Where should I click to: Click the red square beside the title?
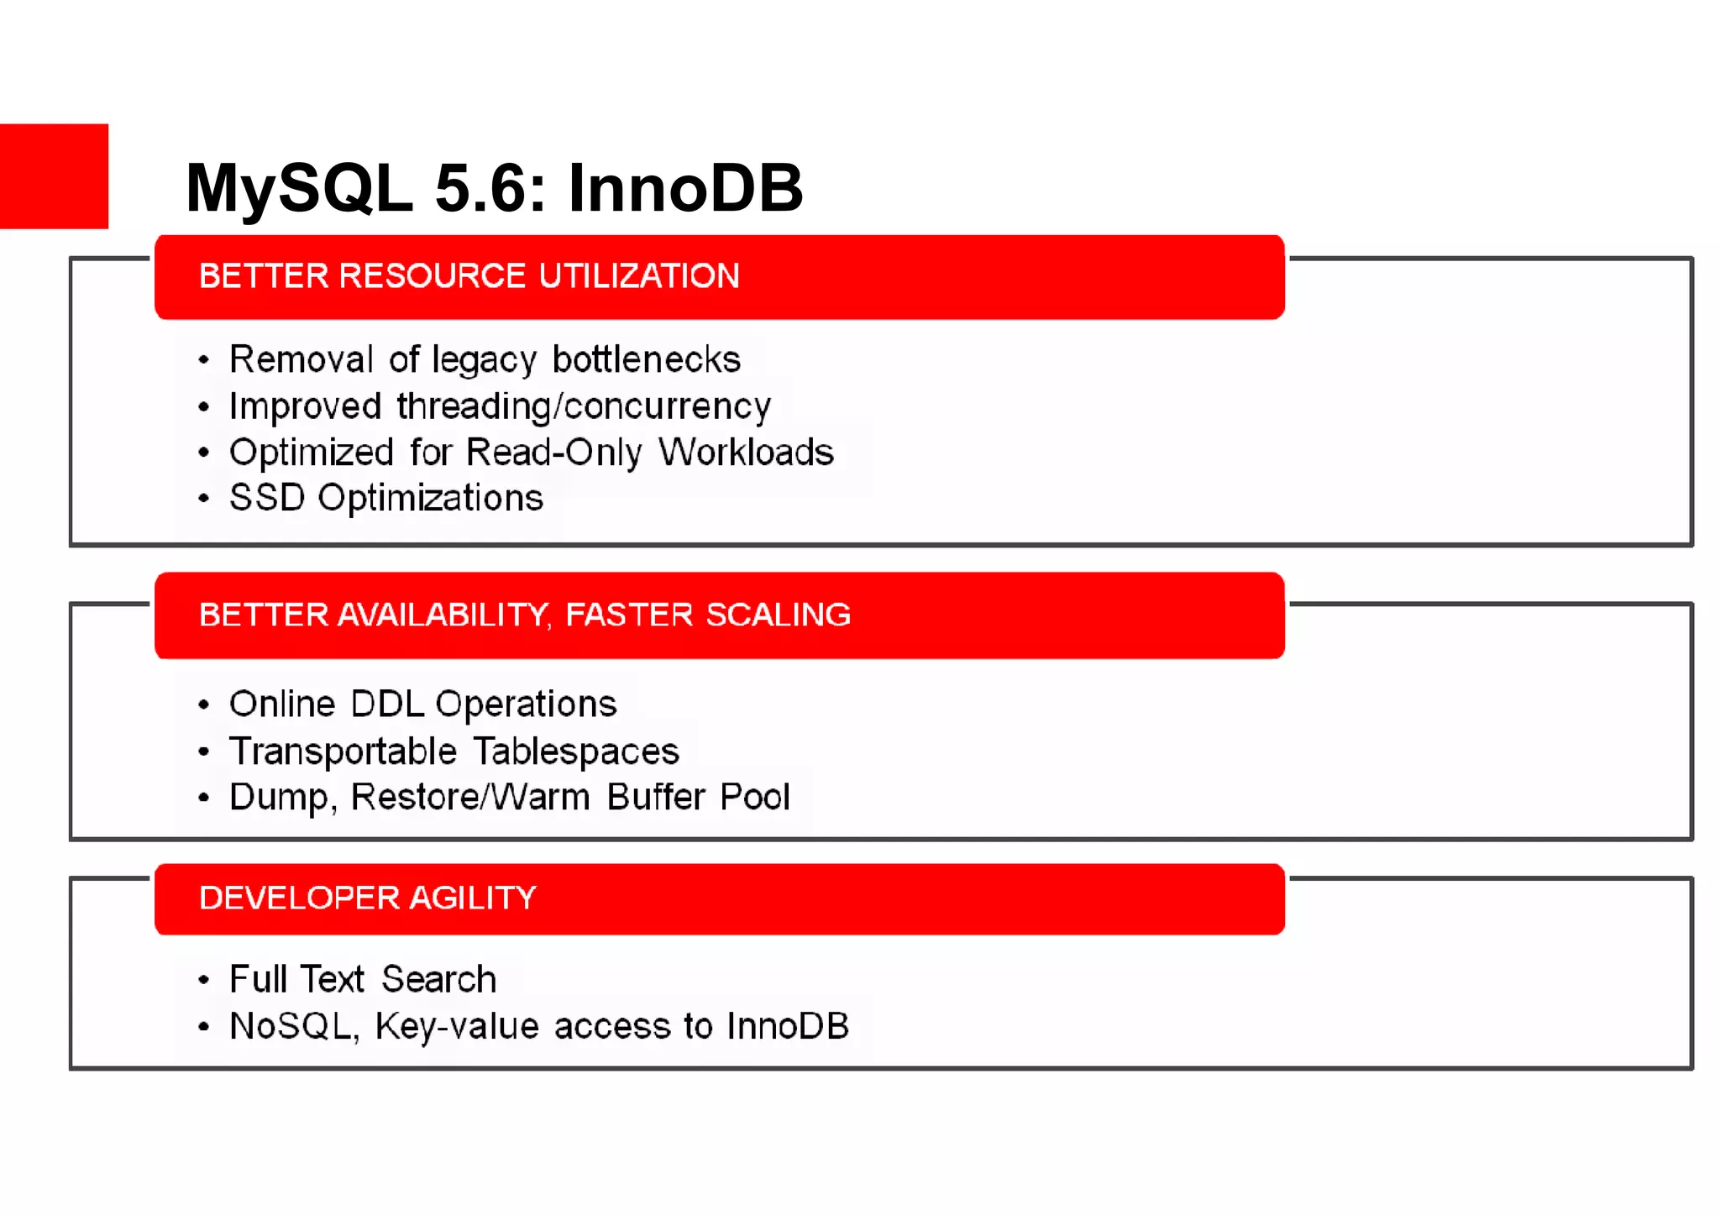click(x=54, y=176)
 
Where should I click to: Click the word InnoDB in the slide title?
click(x=685, y=188)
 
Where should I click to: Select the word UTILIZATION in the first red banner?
click(x=639, y=276)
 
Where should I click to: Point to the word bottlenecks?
click(x=647, y=359)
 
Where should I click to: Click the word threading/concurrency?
click(x=584, y=406)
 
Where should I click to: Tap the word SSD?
click(x=266, y=498)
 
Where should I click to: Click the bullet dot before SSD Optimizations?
click(x=203, y=499)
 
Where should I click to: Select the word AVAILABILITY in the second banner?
click(x=443, y=615)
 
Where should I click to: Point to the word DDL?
click(x=386, y=704)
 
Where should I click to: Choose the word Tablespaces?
click(x=576, y=752)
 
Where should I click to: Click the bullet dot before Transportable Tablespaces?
click(x=203, y=752)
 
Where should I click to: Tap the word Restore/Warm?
click(x=470, y=797)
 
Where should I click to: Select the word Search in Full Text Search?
click(x=438, y=980)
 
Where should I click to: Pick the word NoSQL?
click(x=291, y=1026)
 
